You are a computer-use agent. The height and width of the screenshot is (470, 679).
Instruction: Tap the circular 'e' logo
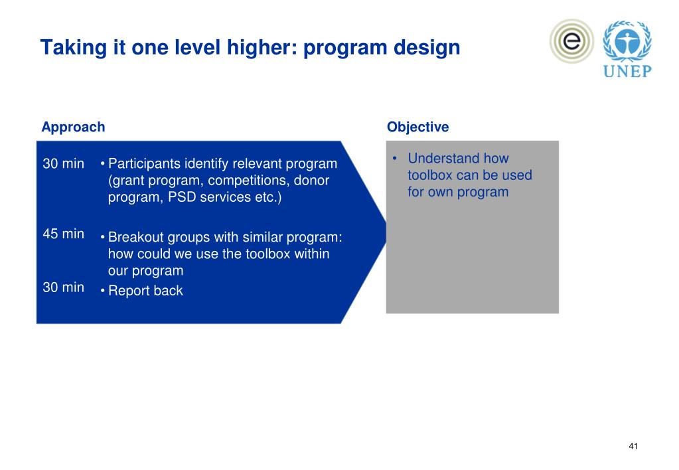[x=571, y=41]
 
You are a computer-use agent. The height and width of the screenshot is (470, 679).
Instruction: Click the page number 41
[x=633, y=446]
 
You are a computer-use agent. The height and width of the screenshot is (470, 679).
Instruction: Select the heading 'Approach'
[x=73, y=127]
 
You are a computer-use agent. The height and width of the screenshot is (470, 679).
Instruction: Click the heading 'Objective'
[x=418, y=127]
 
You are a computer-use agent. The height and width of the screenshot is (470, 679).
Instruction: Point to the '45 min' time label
[x=63, y=234]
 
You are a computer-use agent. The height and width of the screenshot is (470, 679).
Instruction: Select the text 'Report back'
[x=145, y=291]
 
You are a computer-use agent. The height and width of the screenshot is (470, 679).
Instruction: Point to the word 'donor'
[x=312, y=180]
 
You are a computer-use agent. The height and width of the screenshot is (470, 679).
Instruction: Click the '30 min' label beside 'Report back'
[x=63, y=287]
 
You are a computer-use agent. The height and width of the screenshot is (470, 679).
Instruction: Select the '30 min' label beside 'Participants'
[x=63, y=164]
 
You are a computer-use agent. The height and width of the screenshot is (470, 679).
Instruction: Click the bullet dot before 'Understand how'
[x=394, y=158]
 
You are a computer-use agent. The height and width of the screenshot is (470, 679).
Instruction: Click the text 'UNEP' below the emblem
[x=627, y=71]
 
